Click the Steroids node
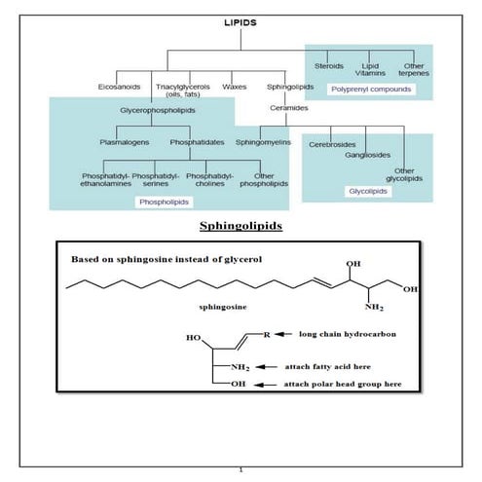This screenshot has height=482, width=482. (328, 65)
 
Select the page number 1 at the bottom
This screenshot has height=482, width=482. (241, 471)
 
